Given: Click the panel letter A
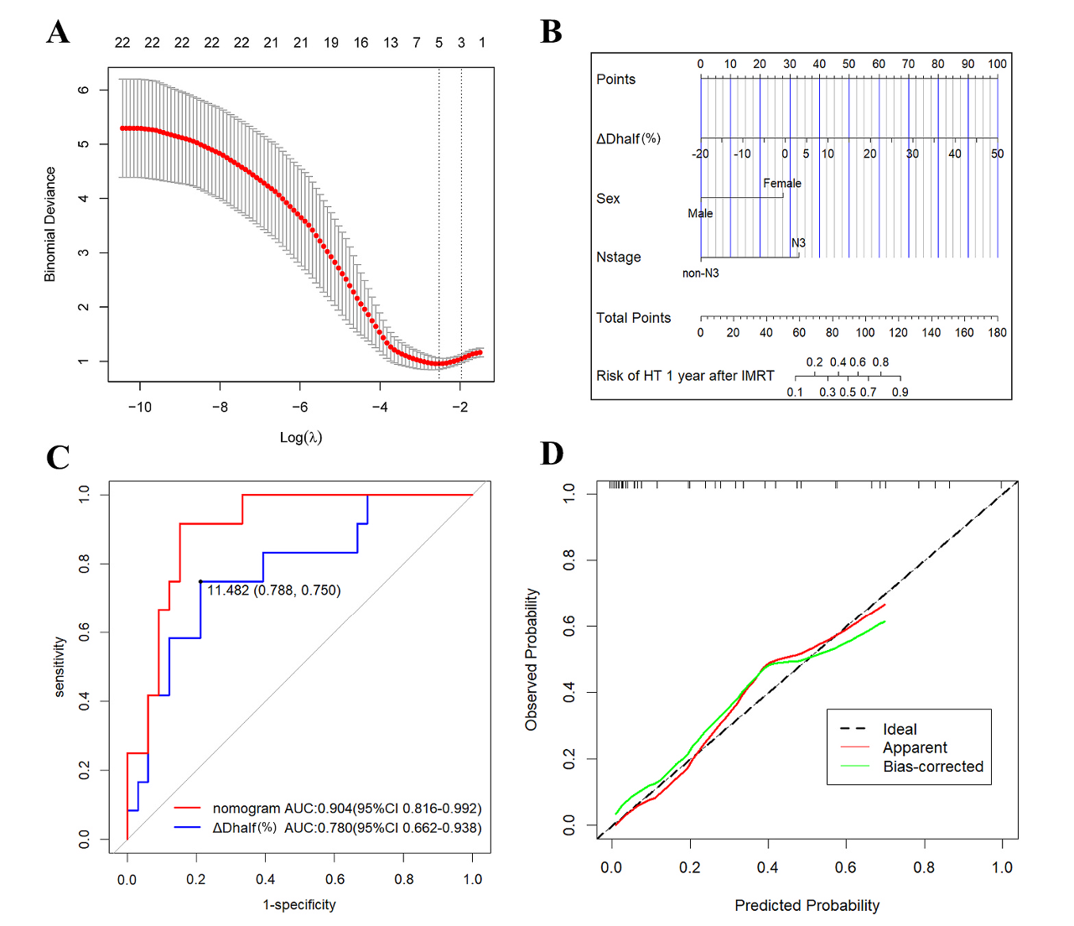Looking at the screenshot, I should click(58, 33).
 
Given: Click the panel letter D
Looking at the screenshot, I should click(552, 454).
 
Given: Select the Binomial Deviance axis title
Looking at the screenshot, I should click(50, 224).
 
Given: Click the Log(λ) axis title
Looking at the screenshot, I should click(301, 437).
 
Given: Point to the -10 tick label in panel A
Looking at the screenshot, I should click(139, 408).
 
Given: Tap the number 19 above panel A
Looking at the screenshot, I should click(331, 43).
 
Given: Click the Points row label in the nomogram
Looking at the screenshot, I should click(615, 80).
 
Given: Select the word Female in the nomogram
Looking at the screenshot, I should click(781, 184).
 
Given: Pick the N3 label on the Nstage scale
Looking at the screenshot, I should click(798, 243).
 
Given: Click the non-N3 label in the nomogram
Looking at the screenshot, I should click(700, 273).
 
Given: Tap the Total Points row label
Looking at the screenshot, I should click(633, 318).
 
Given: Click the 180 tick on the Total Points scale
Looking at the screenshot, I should click(997, 333).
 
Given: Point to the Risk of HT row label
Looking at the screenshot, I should click(684, 376).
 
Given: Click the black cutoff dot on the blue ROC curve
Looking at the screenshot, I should click(200, 581).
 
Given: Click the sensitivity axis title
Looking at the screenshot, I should click(60, 667).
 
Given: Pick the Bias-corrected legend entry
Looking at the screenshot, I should click(932, 767).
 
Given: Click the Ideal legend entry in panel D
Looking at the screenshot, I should click(899, 730).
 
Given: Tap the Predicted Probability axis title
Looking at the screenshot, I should click(807, 906).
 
